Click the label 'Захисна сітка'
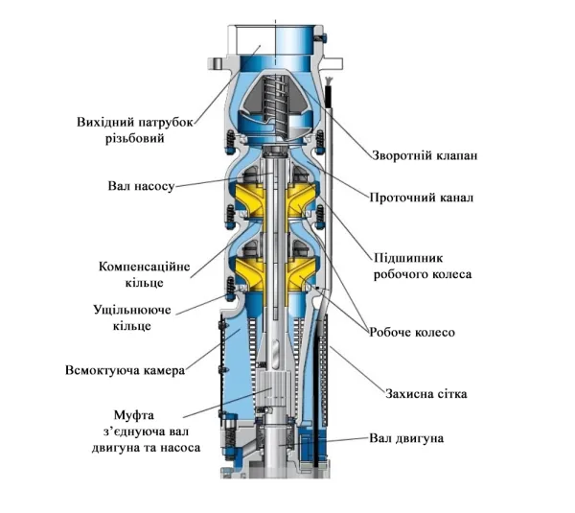[422, 393]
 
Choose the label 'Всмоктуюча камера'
[125, 369]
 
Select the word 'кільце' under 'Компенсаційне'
[145, 282]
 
